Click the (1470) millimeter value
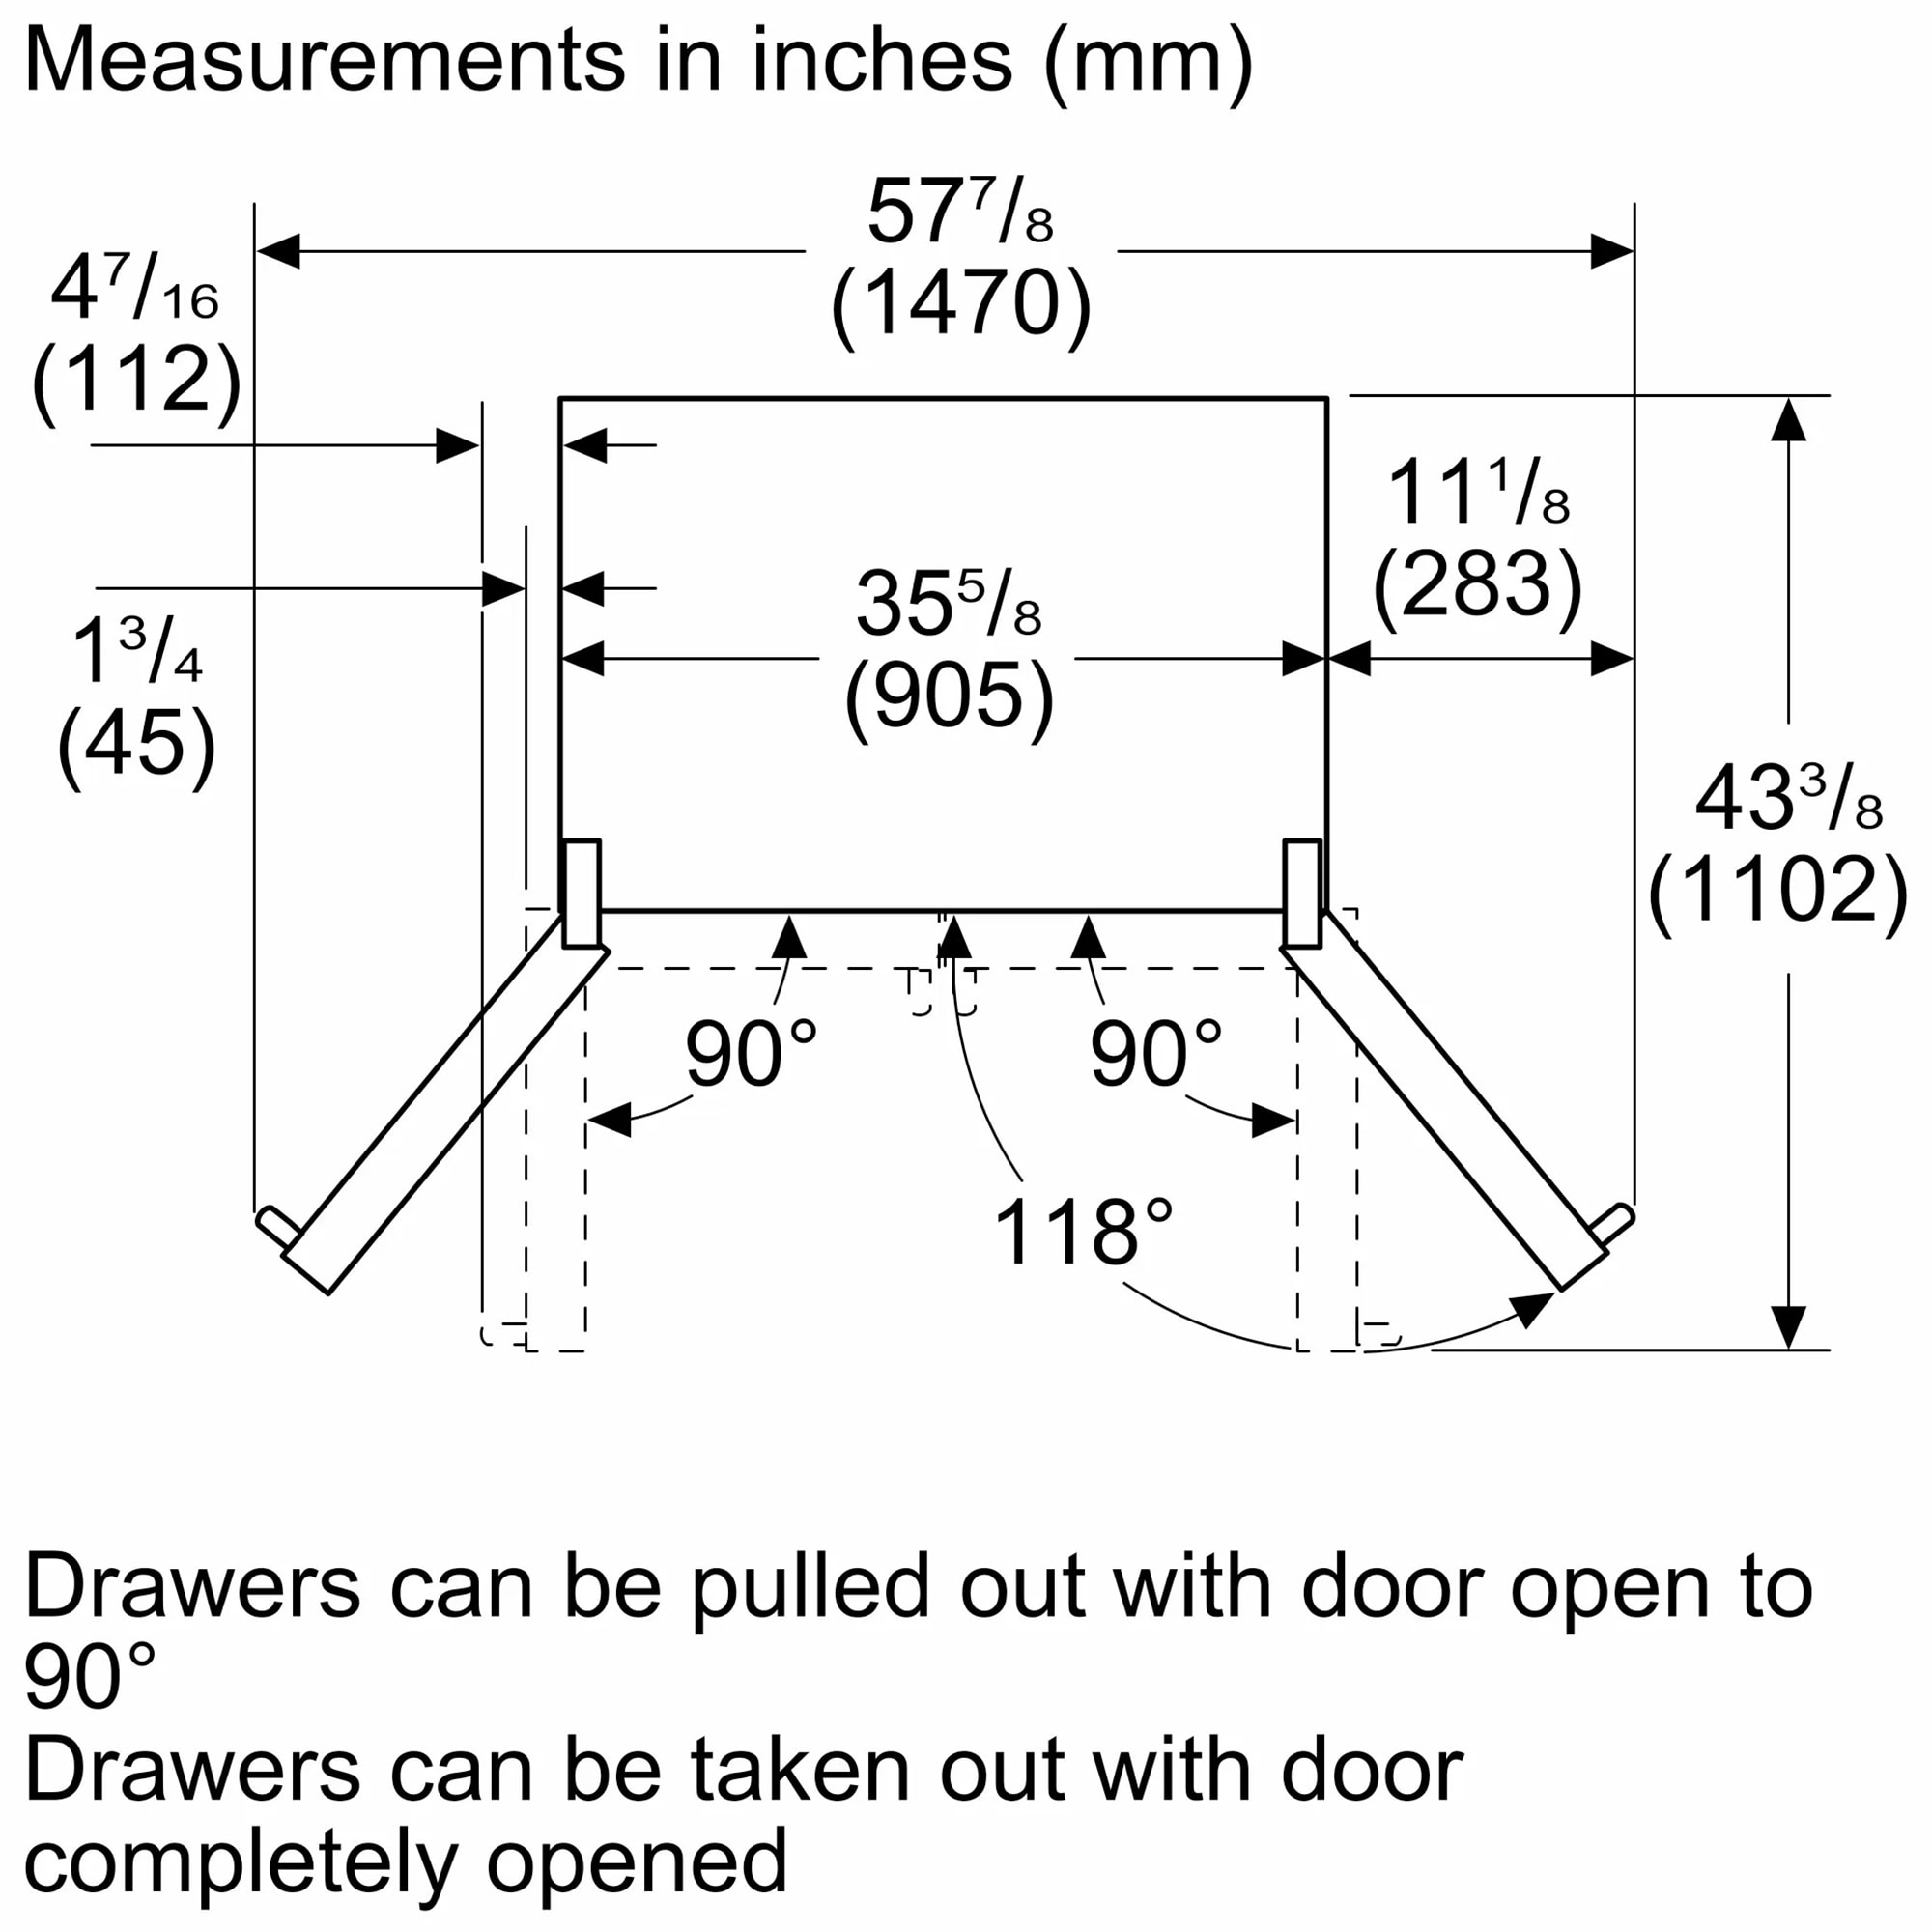tap(960, 304)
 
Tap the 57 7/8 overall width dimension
tap(960, 212)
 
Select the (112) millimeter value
tap(137, 380)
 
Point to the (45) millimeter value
tap(137, 743)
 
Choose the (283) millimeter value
tap(1477, 585)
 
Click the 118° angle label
tap(1083, 1233)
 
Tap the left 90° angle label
tap(751, 1055)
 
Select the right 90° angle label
tap(1156, 1055)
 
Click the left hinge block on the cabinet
tap(582, 893)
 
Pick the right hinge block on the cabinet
tap(1302, 893)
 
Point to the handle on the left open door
tap(276, 1227)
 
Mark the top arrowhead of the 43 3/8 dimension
tap(1788, 420)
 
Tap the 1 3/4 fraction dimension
tap(137, 653)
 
